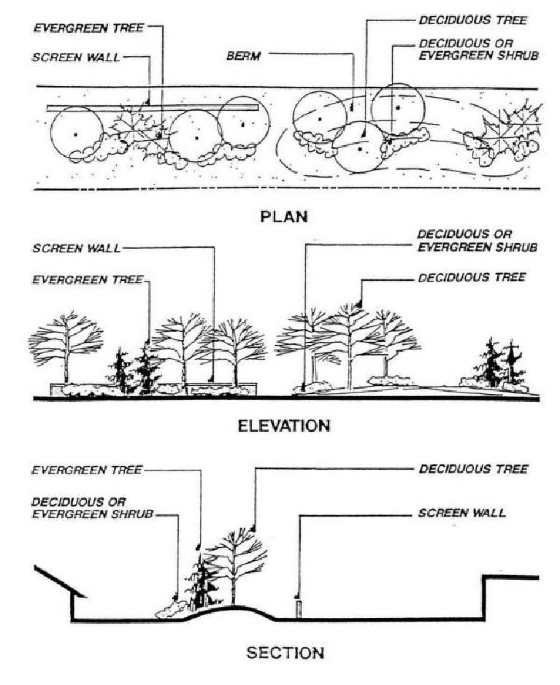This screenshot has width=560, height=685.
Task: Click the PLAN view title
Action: (x=284, y=217)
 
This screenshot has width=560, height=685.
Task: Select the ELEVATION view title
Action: (x=284, y=425)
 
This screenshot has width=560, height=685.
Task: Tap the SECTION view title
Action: (x=284, y=652)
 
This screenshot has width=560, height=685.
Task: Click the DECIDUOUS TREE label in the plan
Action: (x=472, y=20)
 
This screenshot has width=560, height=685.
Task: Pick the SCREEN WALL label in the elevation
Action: (x=76, y=248)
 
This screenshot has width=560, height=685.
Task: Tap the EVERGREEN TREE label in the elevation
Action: (x=87, y=279)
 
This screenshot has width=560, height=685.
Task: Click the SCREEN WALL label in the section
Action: (x=461, y=514)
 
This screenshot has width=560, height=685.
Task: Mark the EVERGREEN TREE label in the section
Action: (x=87, y=471)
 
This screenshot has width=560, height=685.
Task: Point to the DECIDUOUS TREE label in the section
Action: (x=472, y=470)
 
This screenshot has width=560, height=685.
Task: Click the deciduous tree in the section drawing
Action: (x=233, y=562)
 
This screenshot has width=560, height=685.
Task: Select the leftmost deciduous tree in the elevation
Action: (x=66, y=343)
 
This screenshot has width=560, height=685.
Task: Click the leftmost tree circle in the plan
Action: (x=76, y=134)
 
